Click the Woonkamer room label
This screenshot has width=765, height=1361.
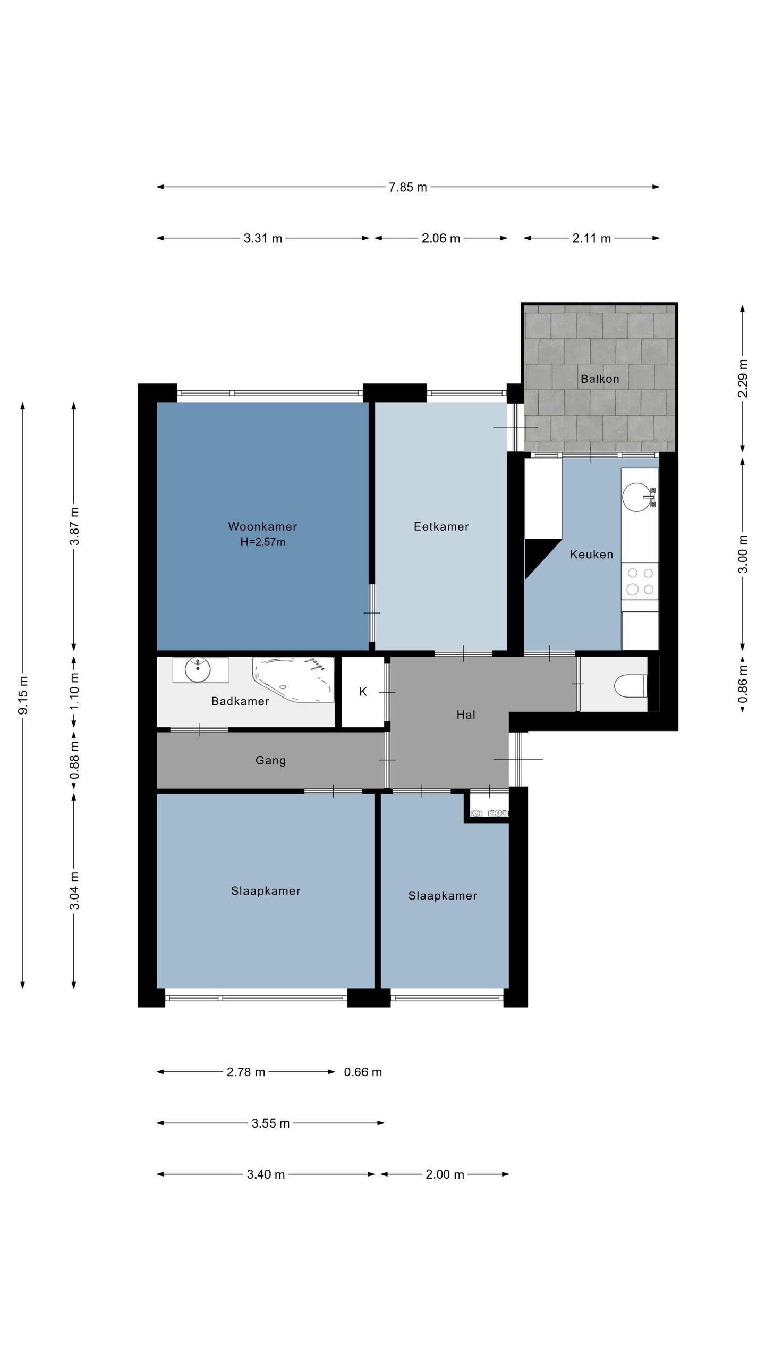(262, 526)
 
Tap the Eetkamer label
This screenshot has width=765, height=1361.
(441, 526)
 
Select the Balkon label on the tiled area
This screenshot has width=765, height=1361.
(600, 379)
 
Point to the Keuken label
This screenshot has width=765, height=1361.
(591, 555)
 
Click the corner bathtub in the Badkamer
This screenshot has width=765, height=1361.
(293, 680)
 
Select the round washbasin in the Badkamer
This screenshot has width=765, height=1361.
(198, 670)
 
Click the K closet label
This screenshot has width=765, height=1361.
(363, 692)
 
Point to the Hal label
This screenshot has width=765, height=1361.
(466, 715)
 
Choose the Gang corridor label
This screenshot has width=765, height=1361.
(271, 761)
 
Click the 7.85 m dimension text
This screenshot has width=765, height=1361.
(408, 187)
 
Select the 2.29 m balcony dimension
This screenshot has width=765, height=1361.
(743, 378)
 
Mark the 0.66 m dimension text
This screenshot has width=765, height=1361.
(363, 1072)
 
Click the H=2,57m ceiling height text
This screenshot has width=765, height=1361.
(263, 542)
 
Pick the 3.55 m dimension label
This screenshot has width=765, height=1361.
(271, 1123)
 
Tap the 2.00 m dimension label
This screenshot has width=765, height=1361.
(445, 1174)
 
